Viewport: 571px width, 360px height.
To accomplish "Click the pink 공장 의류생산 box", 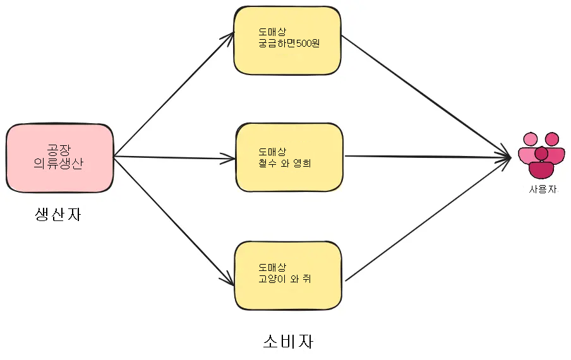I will tap(59, 158).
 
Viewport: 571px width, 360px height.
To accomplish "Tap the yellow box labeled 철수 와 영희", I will tap(289, 157).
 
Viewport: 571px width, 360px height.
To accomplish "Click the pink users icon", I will tap(541, 155).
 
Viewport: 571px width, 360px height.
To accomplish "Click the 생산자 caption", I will tap(58, 215).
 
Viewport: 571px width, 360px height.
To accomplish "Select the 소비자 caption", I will tap(288, 342).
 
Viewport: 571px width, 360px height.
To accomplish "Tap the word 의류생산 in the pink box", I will tap(59, 164).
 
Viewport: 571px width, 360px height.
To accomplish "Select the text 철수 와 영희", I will tap(285, 163).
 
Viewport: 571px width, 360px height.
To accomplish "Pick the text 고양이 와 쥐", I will tap(285, 279).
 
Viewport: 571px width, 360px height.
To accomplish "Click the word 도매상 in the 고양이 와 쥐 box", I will tap(272, 267).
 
